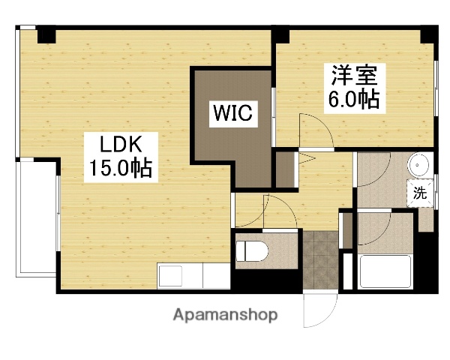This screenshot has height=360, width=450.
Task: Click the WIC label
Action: pyautogui.click(x=233, y=113)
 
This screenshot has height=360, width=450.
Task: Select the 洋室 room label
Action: pyautogui.click(x=354, y=76)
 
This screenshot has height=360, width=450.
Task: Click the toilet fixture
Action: pyautogui.click(x=251, y=251)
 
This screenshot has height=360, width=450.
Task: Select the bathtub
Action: pyautogui.click(x=385, y=271)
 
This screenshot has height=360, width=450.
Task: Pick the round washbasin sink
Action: pyautogui.click(x=418, y=165)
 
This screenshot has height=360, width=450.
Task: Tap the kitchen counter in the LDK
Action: pyautogui.click(x=193, y=276)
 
